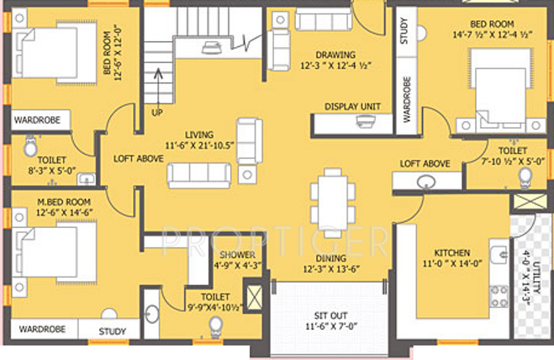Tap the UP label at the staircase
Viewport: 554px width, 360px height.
pos(157,111)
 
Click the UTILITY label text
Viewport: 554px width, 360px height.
pos(528,272)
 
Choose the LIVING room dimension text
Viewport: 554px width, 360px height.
pos(200,145)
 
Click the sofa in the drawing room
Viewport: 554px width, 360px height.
pos(323,20)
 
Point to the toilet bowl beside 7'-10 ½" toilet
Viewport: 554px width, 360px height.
pos(525,176)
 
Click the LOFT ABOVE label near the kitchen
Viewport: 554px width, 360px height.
pos(424,163)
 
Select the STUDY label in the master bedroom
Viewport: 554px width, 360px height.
pos(113,331)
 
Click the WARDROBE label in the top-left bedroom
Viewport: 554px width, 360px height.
pos(35,120)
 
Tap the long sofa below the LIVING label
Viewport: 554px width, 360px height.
pos(199,175)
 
